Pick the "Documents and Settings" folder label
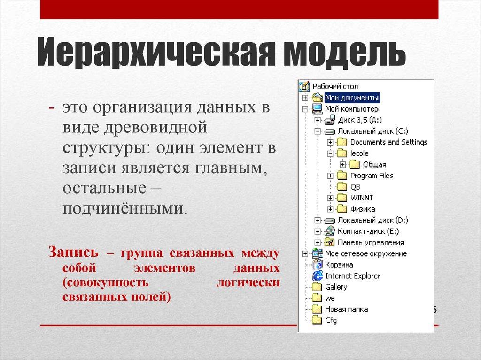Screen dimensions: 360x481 point(388,142)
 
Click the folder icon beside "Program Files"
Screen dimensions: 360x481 point(341,176)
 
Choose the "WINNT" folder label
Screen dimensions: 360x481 point(362,198)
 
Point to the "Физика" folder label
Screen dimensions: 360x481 point(362,209)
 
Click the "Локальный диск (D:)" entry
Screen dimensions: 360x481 point(373,220)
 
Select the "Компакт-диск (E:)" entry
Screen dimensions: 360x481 point(368,231)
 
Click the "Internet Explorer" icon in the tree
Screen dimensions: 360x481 point(318,276)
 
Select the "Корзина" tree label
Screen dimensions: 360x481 point(339,265)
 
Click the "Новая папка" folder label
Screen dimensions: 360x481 point(346,309)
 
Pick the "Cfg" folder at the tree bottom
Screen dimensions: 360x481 point(331,321)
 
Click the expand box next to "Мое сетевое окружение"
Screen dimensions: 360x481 point(305,254)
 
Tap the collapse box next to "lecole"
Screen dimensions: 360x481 point(330,153)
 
